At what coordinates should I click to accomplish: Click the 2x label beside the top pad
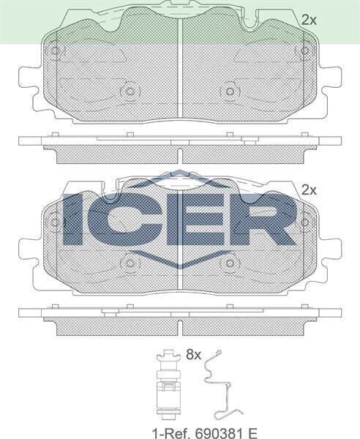pyautogui.click(x=309, y=20)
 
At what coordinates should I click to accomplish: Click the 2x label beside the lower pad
pyautogui.click(x=309, y=189)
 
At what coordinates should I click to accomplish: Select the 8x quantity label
pyautogui.click(x=192, y=355)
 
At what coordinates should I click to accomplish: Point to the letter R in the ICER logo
pyautogui.click(x=261, y=218)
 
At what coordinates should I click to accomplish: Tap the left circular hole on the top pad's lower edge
pyautogui.click(x=130, y=91)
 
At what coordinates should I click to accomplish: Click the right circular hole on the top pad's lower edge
pyautogui.click(x=230, y=91)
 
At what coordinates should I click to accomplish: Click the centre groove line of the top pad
pyautogui.click(x=180, y=66)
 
